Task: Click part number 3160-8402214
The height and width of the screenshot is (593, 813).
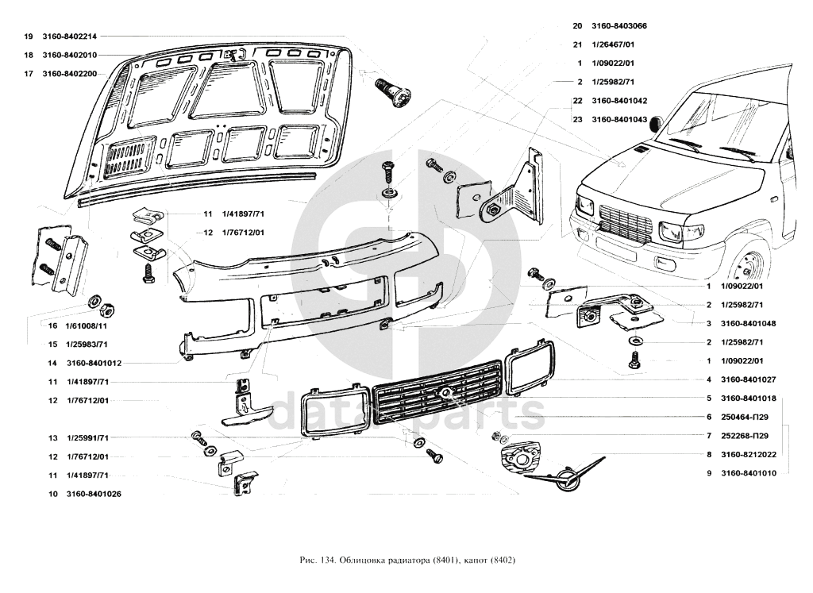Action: pyautogui.click(x=69, y=37)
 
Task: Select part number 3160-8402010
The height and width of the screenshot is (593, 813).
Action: pyautogui.click(x=69, y=55)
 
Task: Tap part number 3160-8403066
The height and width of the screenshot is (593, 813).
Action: pyautogui.click(x=619, y=25)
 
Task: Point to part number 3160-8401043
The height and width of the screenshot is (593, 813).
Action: pyautogui.click(x=619, y=120)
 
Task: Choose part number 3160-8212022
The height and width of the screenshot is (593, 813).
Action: pyautogui.click(x=748, y=455)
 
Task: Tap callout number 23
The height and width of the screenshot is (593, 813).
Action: pyautogui.click(x=577, y=120)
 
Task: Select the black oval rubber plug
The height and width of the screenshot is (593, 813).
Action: pyautogui.click(x=656, y=122)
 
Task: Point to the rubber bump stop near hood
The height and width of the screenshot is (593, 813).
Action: pyautogui.click(x=395, y=92)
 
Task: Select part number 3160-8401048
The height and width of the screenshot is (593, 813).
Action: pyautogui.click(x=748, y=323)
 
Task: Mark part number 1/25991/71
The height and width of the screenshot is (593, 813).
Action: pyautogui.click(x=87, y=437)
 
